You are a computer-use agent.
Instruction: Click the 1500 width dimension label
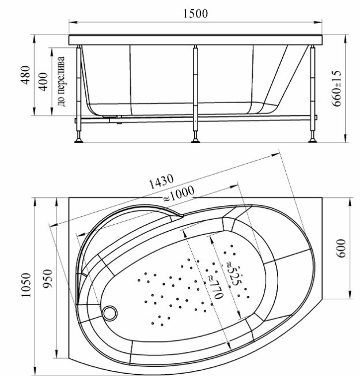[196, 13]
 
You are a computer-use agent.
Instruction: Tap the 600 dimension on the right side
[341, 249]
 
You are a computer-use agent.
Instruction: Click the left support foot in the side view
[78, 138]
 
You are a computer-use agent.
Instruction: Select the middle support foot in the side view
[196, 138]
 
